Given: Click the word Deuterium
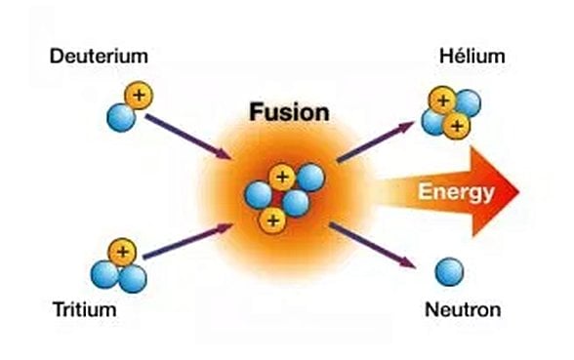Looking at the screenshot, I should (100, 57).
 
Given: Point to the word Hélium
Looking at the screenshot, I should (472, 56).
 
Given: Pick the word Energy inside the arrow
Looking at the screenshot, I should (456, 192).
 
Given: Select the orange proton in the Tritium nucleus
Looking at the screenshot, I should (122, 253).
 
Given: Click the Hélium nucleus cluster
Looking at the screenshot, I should (451, 112).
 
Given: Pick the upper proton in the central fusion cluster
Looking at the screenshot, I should (282, 177).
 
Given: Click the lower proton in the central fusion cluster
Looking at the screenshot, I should (272, 220).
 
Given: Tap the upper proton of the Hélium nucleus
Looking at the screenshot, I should (443, 100).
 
